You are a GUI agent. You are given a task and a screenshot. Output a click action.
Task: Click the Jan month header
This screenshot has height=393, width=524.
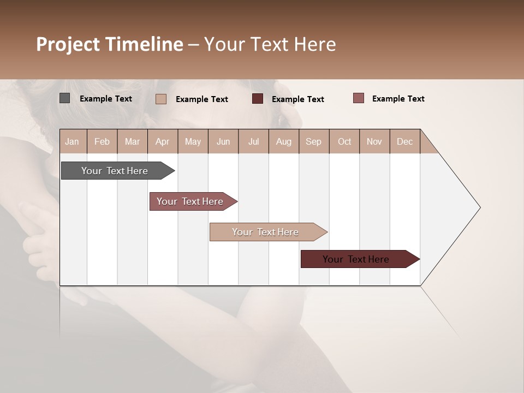pyautogui.click(x=73, y=141)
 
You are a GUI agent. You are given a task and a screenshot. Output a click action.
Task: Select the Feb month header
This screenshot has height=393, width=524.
pyautogui.click(x=102, y=141)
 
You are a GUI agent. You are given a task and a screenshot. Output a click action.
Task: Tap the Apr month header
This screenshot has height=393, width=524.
pyautogui.click(x=163, y=141)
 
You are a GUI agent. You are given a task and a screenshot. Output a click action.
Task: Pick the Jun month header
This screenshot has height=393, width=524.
pyautogui.click(x=223, y=141)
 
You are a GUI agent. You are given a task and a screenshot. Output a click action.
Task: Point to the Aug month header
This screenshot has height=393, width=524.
pyautogui.click(x=284, y=141)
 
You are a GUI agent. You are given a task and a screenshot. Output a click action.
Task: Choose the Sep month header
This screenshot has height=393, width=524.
pyautogui.click(x=314, y=141)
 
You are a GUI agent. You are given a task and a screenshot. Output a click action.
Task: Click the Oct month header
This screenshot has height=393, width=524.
pyautogui.click(x=344, y=141)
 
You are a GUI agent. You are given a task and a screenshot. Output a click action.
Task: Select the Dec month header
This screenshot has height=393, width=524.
pyautogui.click(x=405, y=141)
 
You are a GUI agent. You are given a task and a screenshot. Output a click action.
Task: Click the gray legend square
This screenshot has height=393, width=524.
pyautogui.click(x=65, y=98)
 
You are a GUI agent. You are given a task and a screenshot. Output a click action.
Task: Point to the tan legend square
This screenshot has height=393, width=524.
pyautogui.click(x=161, y=99)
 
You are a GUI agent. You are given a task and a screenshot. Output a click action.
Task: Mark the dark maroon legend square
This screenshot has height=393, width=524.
pyautogui.click(x=258, y=99)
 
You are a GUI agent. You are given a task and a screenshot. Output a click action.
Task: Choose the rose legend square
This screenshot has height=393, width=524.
pyautogui.click(x=358, y=98)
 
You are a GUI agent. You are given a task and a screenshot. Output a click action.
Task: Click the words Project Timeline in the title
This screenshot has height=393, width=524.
pyautogui.click(x=110, y=44)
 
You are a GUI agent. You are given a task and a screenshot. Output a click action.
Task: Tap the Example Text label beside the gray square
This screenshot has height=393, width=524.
pyautogui.click(x=106, y=99)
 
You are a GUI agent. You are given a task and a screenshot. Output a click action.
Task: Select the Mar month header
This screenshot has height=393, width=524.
pyautogui.click(x=132, y=141)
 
